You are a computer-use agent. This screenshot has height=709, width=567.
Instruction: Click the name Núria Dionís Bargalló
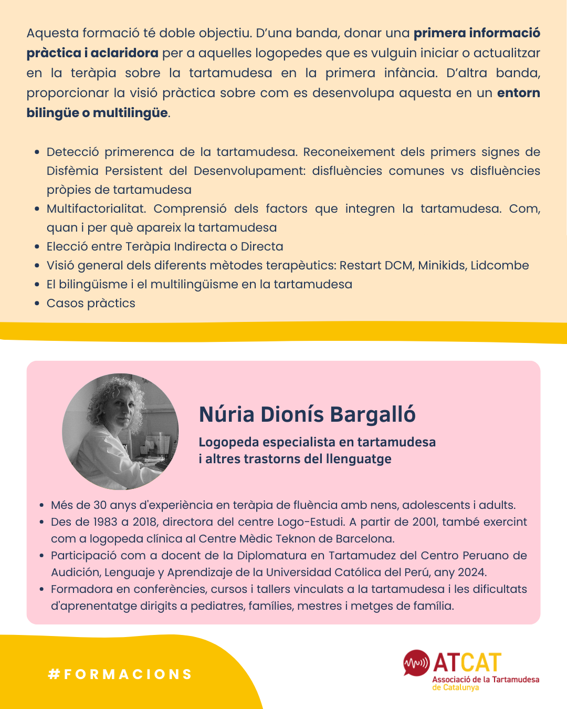[x=307, y=414]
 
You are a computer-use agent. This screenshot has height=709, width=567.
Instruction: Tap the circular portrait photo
[x=120, y=432]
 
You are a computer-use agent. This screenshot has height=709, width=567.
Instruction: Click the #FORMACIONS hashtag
[x=120, y=674]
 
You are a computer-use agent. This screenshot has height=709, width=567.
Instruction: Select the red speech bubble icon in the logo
[x=416, y=663]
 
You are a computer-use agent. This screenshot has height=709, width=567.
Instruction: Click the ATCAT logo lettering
[x=467, y=663]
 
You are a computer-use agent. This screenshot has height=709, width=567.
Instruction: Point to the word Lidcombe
[x=500, y=265]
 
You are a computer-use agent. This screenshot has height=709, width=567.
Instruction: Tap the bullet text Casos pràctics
[x=91, y=303]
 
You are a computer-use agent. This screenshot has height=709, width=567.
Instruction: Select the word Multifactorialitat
[x=96, y=208]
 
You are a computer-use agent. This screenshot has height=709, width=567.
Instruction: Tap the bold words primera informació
[x=477, y=33]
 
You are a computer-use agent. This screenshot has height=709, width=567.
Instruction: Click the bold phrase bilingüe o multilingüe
[x=97, y=113]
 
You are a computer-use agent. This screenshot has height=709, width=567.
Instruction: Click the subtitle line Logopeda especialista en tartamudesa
[x=317, y=442]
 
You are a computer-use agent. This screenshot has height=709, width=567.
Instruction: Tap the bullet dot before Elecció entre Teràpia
[x=37, y=247]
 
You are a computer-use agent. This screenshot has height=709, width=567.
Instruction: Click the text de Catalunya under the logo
[x=456, y=687]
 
